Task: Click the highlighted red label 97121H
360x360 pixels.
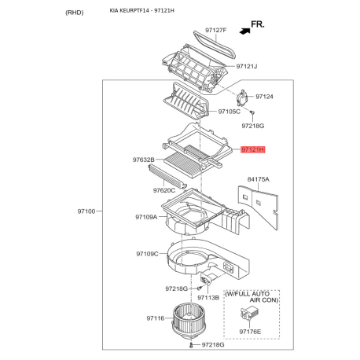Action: pyautogui.click(x=253, y=149)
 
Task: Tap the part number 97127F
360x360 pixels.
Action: pyautogui.click(x=216, y=30)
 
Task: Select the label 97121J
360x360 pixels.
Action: pyautogui.click(x=247, y=66)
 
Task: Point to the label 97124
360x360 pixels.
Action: pyautogui.click(x=264, y=97)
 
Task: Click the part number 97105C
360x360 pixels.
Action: pyautogui.click(x=230, y=112)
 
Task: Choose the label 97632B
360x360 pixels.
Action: pyautogui.click(x=144, y=160)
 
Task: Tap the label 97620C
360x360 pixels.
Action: pyautogui.click(x=164, y=190)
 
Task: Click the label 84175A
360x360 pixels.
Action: pyautogui.click(x=259, y=179)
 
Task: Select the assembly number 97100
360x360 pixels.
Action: pyautogui.click(x=86, y=211)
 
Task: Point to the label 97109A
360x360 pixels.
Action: pyautogui.click(x=146, y=217)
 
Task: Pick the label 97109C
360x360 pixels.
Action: pyautogui.click(x=147, y=254)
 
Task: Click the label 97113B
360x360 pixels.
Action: pyautogui.click(x=208, y=298)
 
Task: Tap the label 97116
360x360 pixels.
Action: pyautogui.click(x=156, y=318)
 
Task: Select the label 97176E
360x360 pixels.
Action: pyautogui.click(x=250, y=332)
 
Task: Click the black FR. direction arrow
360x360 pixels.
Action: pyautogui.click(x=244, y=31)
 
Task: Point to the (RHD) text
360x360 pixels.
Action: pyautogui.click(x=75, y=13)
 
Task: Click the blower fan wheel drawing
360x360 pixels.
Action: pyautogui.click(x=186, y=321)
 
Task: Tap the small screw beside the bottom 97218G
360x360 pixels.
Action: pyautogui.click(x=191, y=345)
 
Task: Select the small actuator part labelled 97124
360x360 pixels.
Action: pyautogui.click(x=242, y=97)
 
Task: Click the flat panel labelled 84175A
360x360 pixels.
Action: pyautogui.click(x=259, y=207)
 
